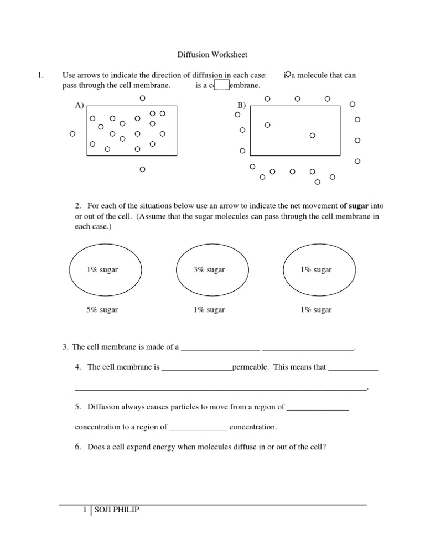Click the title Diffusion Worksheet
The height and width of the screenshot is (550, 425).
(x=212, y=55)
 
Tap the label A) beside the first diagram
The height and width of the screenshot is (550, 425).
(x=80, y=105)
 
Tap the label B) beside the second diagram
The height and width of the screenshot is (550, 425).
(x=241, y=105)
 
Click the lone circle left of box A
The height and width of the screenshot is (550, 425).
(x=72, y=134)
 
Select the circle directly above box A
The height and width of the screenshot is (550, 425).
(x=142, y=98)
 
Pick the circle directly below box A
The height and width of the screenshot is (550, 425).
(x=142, y=169)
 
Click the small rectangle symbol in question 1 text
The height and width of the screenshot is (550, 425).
(x=221, y=85)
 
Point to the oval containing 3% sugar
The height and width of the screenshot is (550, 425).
(x=209, y=270)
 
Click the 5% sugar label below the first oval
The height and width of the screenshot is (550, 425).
(x=102, y=310)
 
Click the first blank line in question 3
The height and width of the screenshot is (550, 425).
(x=220, y=349)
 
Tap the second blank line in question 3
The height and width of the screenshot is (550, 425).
(x=307, y=349)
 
